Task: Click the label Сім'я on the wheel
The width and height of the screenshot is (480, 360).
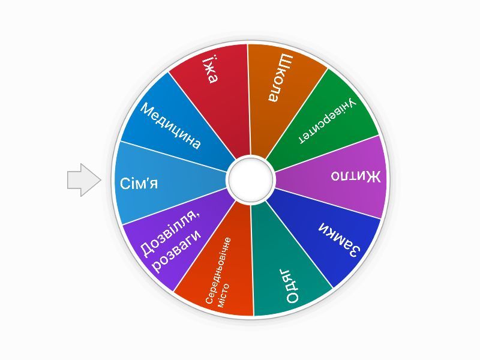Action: (139, 184)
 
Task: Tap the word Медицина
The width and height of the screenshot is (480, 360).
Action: (171, 126)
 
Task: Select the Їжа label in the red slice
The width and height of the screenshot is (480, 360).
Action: (210, 70)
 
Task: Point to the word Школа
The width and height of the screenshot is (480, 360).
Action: (281, 78)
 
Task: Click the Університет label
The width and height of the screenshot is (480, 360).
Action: (327, 121)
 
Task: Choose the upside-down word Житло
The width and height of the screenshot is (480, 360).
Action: (356, 176)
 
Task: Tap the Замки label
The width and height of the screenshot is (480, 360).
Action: (340, 239)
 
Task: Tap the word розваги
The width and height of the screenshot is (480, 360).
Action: (178, 251)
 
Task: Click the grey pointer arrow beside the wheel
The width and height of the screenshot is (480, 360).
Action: (84, 180)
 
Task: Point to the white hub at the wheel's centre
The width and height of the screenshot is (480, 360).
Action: (250, 179)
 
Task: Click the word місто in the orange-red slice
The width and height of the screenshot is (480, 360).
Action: (224, 296)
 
